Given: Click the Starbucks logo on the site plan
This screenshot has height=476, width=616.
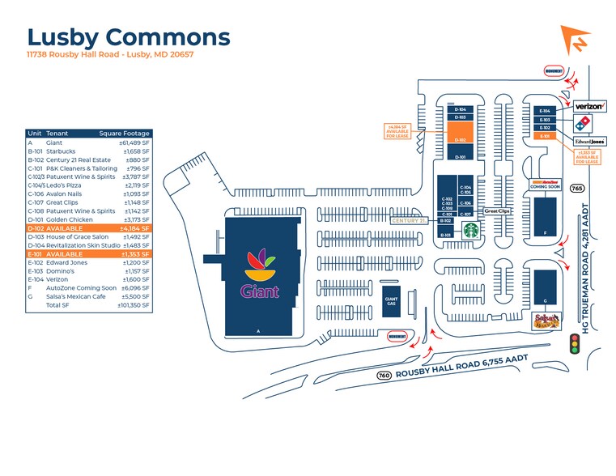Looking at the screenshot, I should click(x=470, y=230).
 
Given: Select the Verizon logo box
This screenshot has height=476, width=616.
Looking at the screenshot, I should click(x=589, y=106).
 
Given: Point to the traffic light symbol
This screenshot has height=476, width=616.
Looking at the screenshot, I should click(x=576, y=345).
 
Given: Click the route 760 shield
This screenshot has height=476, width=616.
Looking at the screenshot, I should click(x=384, y=375).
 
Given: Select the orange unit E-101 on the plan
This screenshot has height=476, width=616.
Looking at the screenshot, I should click(x=546, y=137).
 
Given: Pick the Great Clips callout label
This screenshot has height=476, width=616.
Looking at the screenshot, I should click(x=496, y=211).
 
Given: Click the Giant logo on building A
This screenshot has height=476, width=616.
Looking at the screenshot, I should click(x=260, y=275).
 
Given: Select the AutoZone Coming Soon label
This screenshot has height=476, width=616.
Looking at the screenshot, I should click(x=544, y=183).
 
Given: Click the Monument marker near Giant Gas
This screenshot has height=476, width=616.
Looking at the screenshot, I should click(x=397, y=335).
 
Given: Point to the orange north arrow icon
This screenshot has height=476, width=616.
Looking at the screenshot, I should click(x=576, y=40).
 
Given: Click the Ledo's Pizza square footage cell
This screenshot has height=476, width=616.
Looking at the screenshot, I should click(x=135, y=186).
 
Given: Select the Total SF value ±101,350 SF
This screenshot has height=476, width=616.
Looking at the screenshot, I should click(x=134, y=305).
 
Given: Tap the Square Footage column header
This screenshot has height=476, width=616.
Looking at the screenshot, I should click(x=125, y=133).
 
